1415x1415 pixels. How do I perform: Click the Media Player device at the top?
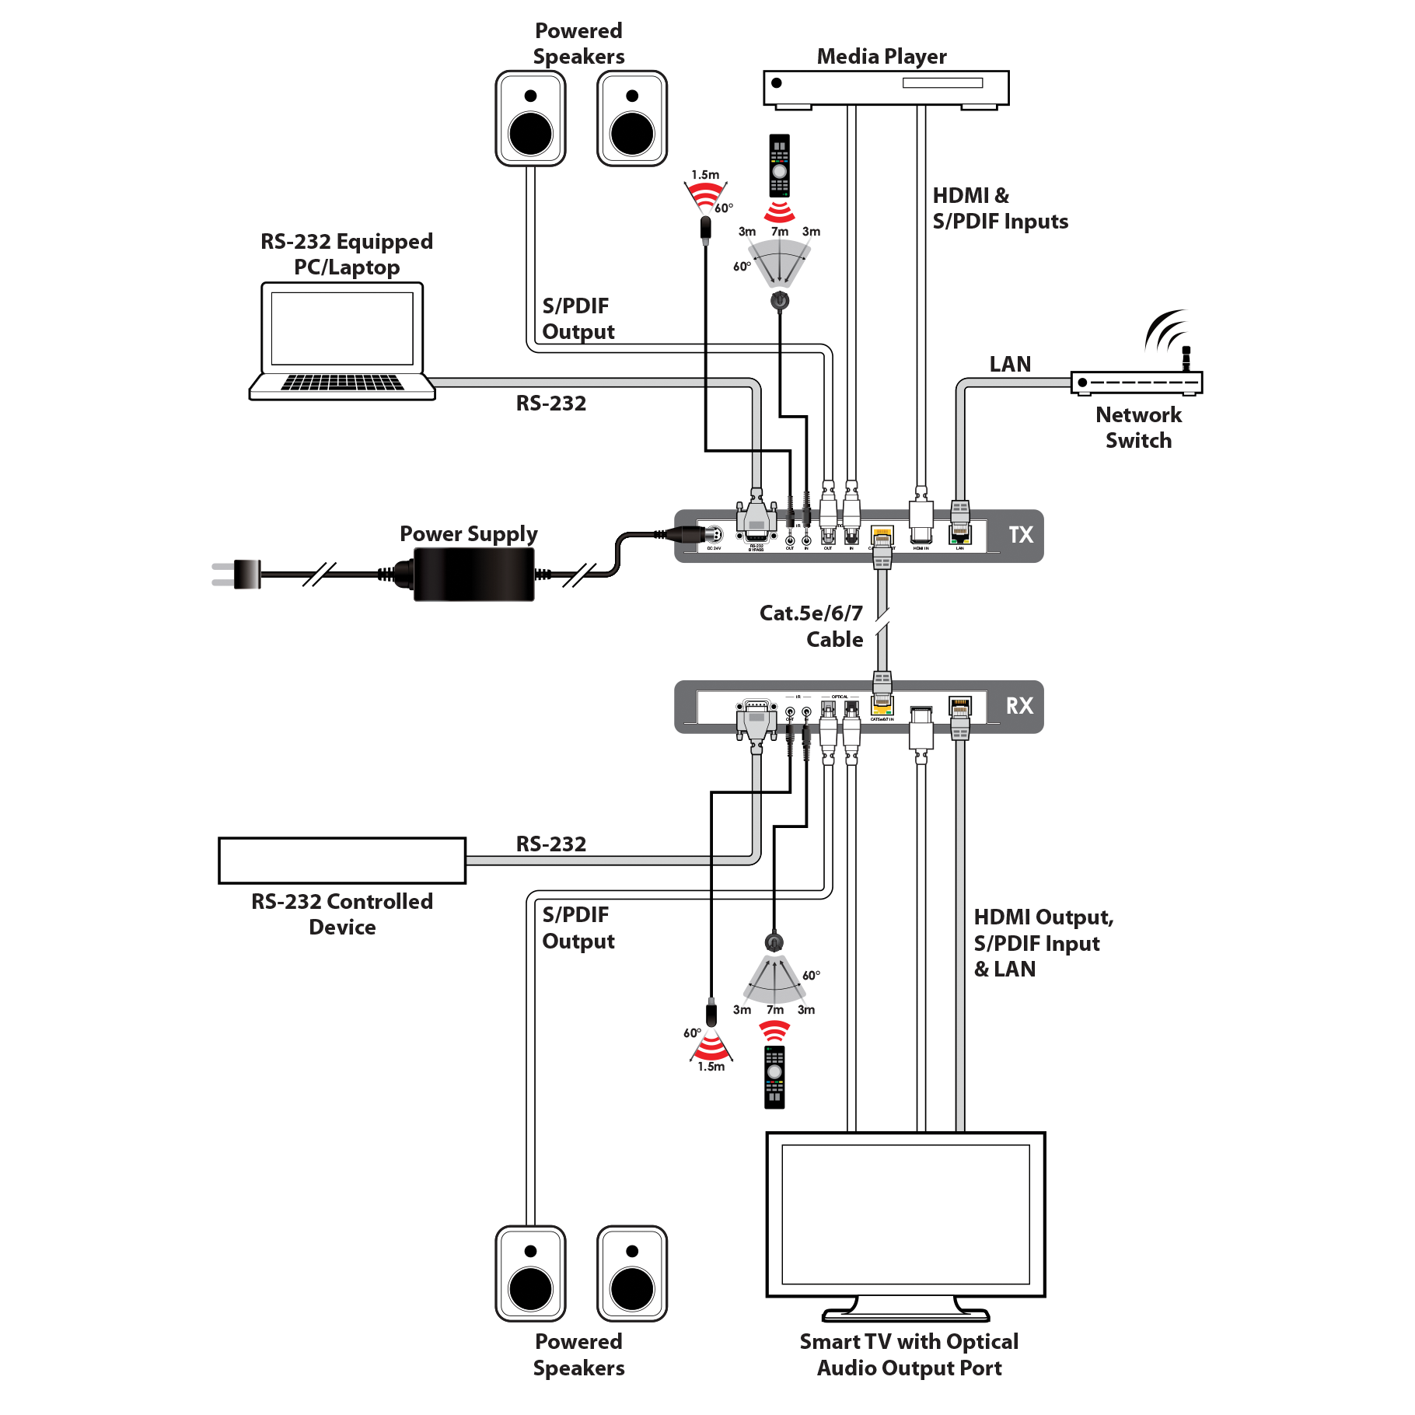click(x=886, y=88)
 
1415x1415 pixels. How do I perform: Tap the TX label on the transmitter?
click(x=1020, y=535)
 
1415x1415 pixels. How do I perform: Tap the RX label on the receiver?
click(x=1019, y=706)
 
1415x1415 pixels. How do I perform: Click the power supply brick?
click(x=473, y=574)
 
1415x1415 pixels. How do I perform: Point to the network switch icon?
click(x=1137, y=382)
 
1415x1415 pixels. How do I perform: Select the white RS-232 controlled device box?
click(x=342, y=860)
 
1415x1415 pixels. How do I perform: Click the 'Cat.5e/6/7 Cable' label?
click(x=812, y=626)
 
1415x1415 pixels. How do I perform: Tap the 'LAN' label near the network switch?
click(x=1010, y=364)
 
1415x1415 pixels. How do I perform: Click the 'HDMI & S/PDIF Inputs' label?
click(x=1000, y=208)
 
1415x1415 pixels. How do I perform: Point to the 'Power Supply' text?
click(x=469, y=533)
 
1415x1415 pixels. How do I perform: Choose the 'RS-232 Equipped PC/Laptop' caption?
click(x=347, y=254)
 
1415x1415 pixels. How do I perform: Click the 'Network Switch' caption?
click(x=1139, y=428)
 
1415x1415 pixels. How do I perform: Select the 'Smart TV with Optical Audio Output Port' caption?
click(x=909, y=1354)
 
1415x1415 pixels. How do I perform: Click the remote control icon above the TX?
click(x=779, y=167)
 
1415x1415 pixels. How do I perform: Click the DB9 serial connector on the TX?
click(x=756, y=519)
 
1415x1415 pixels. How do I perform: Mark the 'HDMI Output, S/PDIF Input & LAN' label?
click(x=1043, y=943)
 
